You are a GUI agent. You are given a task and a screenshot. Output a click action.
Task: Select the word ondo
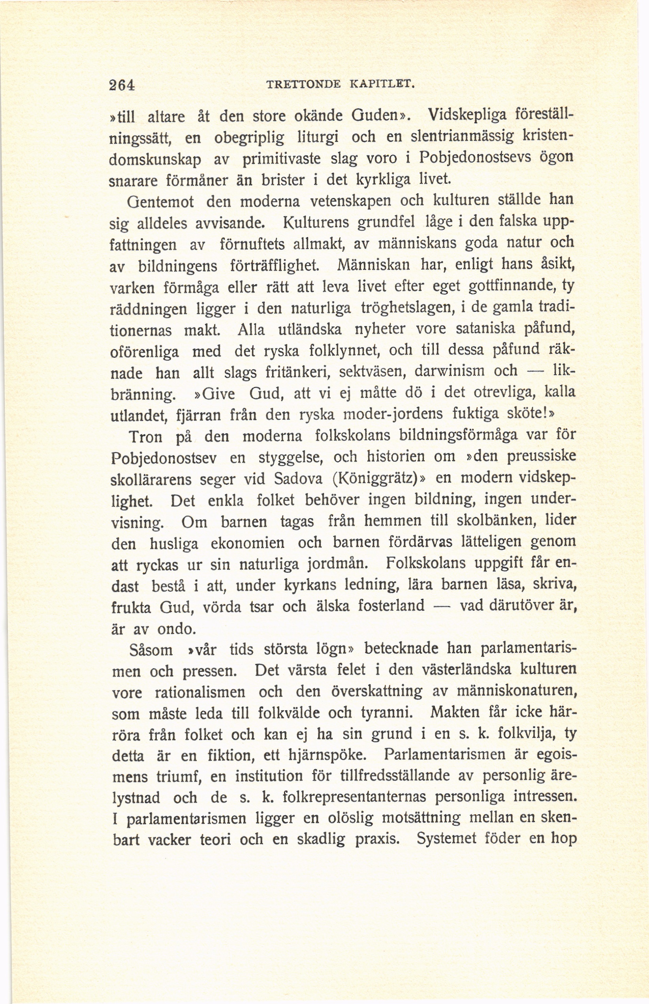176,629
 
